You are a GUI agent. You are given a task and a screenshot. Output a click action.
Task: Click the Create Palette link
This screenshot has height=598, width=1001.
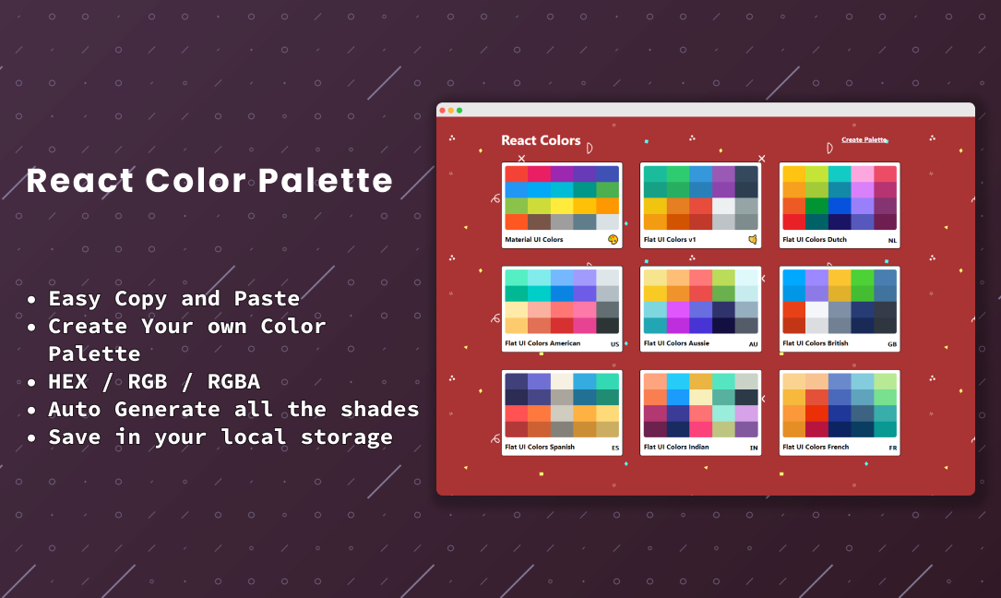click(x=864, y=140)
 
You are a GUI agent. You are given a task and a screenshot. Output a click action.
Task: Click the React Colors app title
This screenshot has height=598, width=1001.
click(x=541, y=140)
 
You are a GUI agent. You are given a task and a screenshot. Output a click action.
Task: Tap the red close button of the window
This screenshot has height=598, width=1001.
click(x=443, y=111)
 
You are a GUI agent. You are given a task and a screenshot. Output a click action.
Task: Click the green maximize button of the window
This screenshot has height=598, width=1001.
click(x=459, y=111)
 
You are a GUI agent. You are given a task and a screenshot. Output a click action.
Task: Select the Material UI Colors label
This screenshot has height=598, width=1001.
click(x=533, y=240)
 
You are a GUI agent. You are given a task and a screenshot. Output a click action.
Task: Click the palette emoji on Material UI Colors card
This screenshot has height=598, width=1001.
click(x=613, y=240)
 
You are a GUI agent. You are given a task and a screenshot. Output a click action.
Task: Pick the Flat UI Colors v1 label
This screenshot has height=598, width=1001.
click(x=670, y=240)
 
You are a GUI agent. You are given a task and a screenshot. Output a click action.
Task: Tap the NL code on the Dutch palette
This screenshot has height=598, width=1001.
click(x=892, y=241)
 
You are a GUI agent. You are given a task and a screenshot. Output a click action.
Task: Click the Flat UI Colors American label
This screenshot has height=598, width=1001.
click(x=542, y=343)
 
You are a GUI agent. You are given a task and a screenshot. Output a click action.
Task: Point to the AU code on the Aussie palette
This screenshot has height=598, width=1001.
click(x=754, y=344)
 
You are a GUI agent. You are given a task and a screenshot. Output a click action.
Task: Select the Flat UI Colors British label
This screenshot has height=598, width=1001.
click(x=816, y=343)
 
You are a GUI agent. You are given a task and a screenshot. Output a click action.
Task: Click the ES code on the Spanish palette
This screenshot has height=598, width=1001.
click(x=615, y=448)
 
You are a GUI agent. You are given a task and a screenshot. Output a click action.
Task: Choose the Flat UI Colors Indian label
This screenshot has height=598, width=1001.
click(x=676, y=447)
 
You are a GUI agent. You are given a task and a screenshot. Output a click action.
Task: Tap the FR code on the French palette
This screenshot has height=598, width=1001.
click(x=893, y=448)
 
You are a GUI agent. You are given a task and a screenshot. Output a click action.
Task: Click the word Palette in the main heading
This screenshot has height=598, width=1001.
click(x=326, y=180)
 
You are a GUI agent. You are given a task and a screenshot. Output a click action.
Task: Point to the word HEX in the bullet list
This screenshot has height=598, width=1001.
click(x=68, y=381)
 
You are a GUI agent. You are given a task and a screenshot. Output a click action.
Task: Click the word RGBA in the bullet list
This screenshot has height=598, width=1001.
click(x=233, y=381)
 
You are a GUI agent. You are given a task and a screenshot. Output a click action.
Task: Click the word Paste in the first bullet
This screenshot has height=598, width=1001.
click(x=267, y=298)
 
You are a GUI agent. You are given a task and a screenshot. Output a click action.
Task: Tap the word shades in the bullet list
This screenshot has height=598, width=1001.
click(x=380, y=409)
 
